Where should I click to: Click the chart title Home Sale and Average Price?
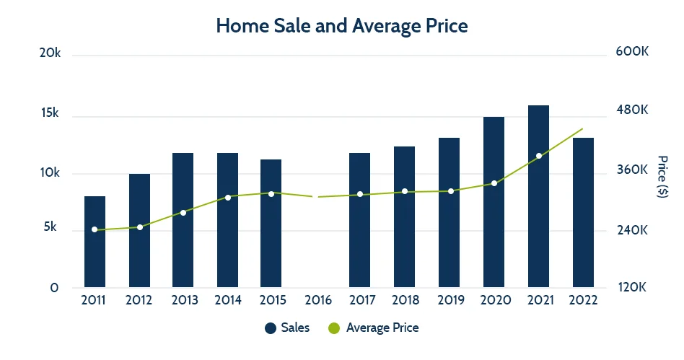click(x=342, y=26)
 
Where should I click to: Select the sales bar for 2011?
click(x=95, y=242)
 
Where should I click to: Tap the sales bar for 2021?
click(x=538, y=196)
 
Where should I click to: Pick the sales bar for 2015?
click(x=271, y=223)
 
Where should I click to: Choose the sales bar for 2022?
click(x=583, y=212)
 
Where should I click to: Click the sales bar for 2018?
click(x=405, y=216)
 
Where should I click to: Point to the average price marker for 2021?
click(x=538, y=156)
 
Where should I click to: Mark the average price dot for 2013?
click(x=183, y=213)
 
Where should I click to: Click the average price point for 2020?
click(x=494, y=183)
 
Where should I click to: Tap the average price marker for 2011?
click(x=95, y=229)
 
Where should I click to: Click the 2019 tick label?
click(x=450, y=300)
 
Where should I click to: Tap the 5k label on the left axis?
click(x=51, y=227)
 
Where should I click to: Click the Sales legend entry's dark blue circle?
click(x=270, y=328)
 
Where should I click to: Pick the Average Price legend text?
click(x=382, y=328)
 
